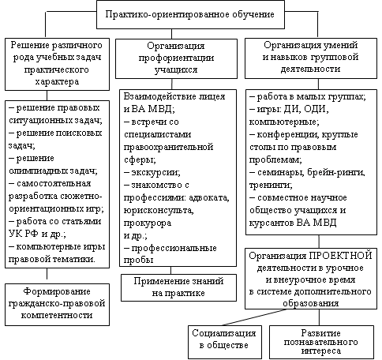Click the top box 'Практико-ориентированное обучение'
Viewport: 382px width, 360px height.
tap(190, 14)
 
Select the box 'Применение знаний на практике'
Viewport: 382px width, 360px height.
tap(178, 287)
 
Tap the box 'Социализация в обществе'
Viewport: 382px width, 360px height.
tap(225, 342)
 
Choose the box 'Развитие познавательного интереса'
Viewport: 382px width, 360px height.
tap(321, 342)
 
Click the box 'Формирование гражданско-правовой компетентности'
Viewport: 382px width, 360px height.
tap(57, 305)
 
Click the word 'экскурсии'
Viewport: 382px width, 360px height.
tap(155, 172)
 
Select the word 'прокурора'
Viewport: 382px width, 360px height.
tap(148, 223)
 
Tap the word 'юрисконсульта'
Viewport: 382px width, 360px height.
tap(159, 211)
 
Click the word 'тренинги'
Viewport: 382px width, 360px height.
tap(271, 186)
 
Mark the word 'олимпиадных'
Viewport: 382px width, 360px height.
tap(38, 171)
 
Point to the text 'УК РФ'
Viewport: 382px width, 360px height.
tap(24, 234)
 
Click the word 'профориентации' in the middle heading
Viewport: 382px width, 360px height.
tap(176, 58)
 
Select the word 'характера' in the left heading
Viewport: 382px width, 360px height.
tap(57, 81)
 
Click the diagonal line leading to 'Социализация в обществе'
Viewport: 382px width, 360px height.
tap(254, 317)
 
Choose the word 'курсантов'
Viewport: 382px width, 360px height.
tap(272, 223)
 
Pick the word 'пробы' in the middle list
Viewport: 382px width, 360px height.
tap(138, 261)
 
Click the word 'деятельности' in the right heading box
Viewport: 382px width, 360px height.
tap(310, 69)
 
